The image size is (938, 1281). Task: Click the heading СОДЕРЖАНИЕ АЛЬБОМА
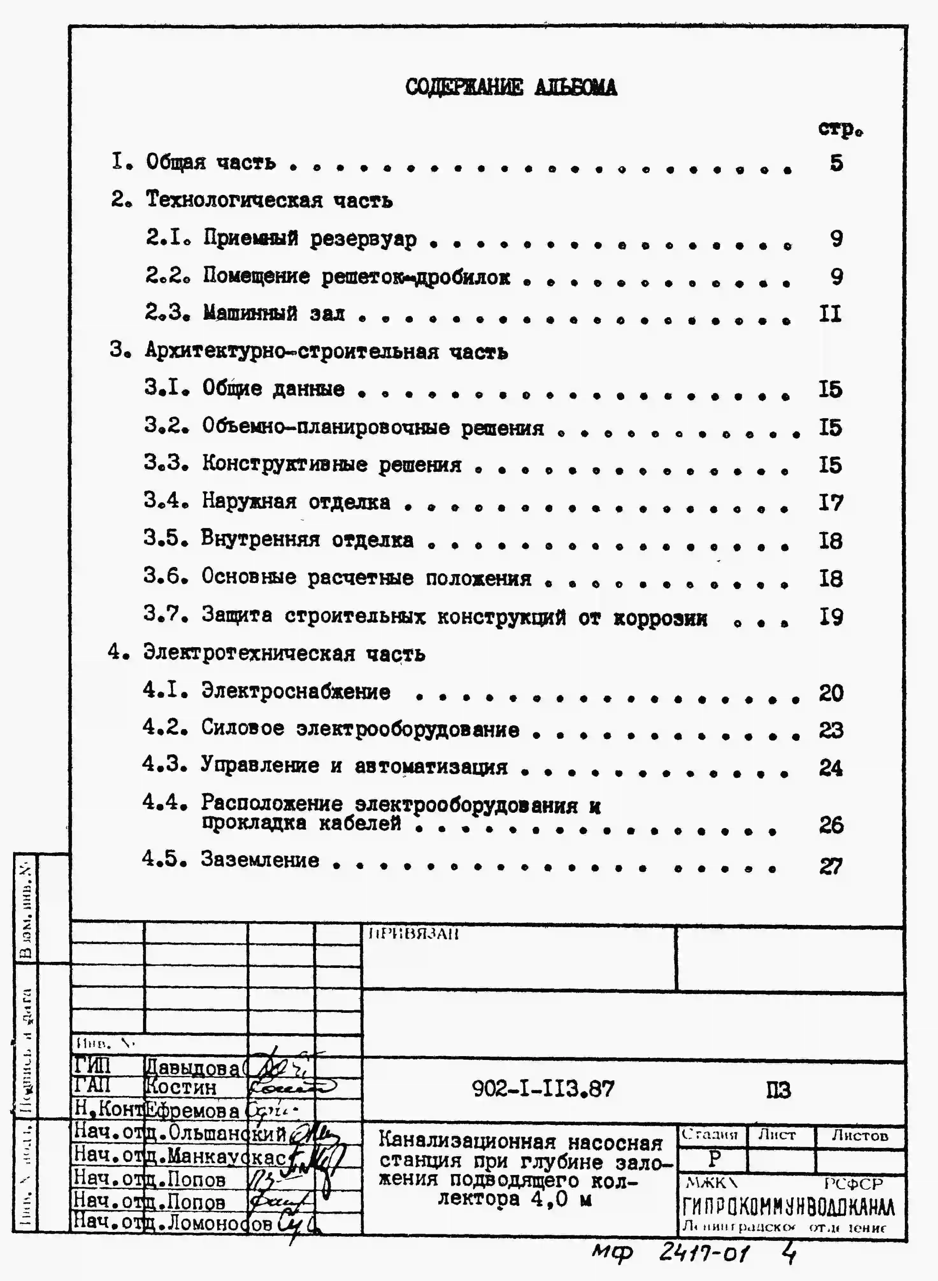click(511, 88)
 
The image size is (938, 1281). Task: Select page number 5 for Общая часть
click(836, 163)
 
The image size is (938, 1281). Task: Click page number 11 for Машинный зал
click(830, 314)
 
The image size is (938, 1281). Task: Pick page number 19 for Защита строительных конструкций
click(831, 617)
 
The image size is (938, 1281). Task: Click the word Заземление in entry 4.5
click(260, 860)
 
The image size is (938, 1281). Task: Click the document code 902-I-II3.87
click(543, 1089)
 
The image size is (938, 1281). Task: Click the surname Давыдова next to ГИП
click(193, 1068)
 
